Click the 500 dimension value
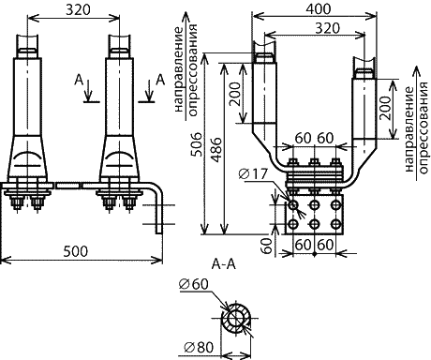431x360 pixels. [76, 251]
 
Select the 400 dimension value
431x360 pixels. [318, 9]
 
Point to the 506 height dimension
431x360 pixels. [198, 144]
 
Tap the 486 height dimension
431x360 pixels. [216, 149]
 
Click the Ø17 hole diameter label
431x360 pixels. [253, 174]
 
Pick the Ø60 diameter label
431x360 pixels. [194, 284]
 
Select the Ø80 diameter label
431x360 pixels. [199, 347]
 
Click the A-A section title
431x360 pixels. [224, 264]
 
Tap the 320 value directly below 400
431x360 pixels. [327, 28]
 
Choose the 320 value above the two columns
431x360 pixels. [78, 10]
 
